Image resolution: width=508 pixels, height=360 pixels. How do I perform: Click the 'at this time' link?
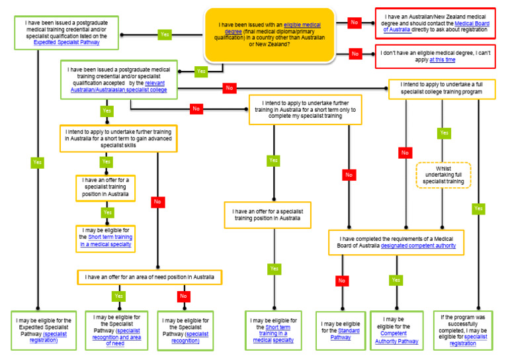442,59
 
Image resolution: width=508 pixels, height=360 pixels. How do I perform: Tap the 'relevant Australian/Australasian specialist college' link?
118,87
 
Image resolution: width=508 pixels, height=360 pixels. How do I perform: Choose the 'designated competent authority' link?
418,246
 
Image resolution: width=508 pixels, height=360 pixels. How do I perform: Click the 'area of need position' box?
149,277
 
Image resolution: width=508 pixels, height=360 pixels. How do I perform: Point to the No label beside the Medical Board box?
355,22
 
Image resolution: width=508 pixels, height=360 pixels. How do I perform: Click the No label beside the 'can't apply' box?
355,54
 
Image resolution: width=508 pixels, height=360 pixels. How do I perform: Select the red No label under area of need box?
183,296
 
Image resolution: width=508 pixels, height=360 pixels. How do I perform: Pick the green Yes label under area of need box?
118,296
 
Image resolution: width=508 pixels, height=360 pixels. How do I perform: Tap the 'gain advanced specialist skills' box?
118,139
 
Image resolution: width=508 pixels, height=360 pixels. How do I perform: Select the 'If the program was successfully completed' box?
472,330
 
